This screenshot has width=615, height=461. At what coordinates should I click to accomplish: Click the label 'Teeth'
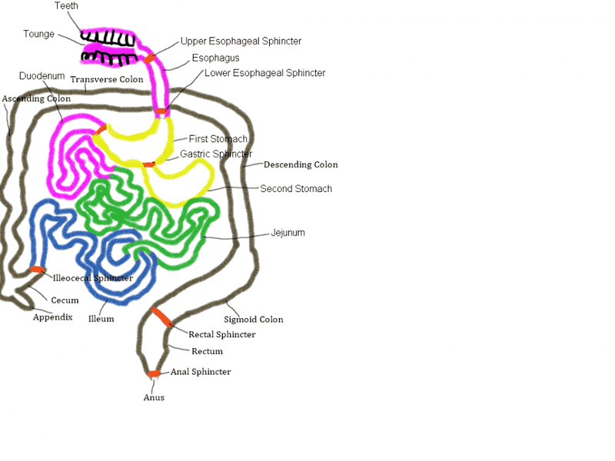coord(66,6)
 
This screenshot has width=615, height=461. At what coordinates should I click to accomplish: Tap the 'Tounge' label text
coord(38,35)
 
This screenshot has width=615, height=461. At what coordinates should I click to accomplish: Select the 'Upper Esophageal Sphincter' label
coord(241,41)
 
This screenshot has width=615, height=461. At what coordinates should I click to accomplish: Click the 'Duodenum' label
coord(42,77)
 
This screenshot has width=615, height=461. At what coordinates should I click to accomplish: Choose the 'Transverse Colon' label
coord(106,79)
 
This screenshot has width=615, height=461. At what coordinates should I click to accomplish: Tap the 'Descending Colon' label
coord(301,164)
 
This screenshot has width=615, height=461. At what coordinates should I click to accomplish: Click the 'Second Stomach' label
coord(296,189)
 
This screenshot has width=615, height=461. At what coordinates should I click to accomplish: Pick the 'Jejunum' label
coord(288,233)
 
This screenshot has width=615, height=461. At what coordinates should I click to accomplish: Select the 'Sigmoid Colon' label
coord(254,320)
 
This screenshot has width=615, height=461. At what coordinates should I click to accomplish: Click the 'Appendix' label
coord(52,317)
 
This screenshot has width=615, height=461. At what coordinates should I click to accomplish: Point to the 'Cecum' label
coord(65,300)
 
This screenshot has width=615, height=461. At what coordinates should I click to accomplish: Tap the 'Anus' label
coord(154,398)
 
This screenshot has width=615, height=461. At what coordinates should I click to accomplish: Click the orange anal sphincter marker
coord(154,374)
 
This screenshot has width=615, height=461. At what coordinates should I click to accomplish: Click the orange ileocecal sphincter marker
coord(36,269)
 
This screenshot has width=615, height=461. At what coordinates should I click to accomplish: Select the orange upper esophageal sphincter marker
coord(150,58)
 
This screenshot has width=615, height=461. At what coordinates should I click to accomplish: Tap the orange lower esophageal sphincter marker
coord(161,112)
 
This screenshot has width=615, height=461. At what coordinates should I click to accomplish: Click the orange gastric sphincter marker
coord(148,164)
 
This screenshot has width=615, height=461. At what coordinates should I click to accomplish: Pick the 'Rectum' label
coord(207,352)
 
